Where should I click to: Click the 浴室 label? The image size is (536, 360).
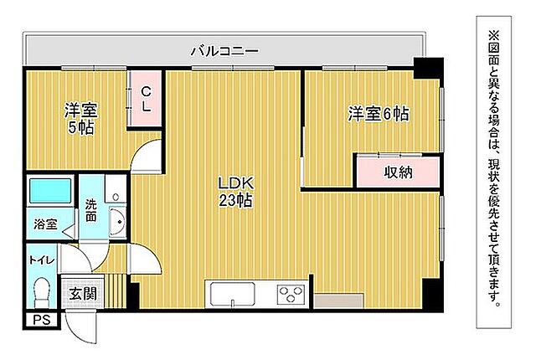(x=45, y=224)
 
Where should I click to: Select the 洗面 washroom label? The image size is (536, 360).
(x=90, y=209)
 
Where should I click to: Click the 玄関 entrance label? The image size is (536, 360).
(x=82, y=293)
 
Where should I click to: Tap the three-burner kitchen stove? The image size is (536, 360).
(x=291, y=296)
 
